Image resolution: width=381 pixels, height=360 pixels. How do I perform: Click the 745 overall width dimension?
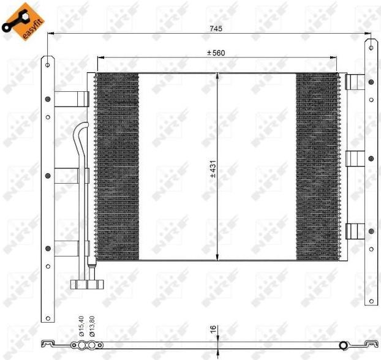point(216,29)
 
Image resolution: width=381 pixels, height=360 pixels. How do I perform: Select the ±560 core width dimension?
point(216,53)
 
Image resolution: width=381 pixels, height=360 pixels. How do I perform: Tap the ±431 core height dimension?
point(213,169)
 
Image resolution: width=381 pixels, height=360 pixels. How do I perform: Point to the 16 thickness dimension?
point(213,329)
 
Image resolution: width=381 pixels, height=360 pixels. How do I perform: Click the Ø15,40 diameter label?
point(81,326)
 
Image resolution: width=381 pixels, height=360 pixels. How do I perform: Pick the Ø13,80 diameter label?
point(92,326)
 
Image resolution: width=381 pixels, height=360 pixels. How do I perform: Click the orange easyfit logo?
point(23,21)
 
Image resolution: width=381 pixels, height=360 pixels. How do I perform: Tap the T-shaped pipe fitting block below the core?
point(87,285)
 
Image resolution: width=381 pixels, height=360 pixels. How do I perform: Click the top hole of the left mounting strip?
point(48,65)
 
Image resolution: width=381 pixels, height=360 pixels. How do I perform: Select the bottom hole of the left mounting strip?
point(48,318)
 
